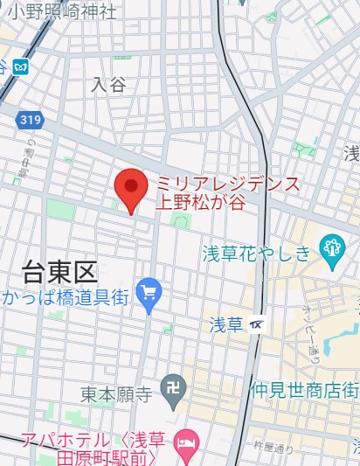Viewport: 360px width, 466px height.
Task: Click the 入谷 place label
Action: click(108, 84)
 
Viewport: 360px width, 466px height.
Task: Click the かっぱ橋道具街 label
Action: click(66, 298)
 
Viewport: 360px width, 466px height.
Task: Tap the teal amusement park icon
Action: click(331, 248)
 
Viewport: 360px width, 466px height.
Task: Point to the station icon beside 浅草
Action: click(255, 324)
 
